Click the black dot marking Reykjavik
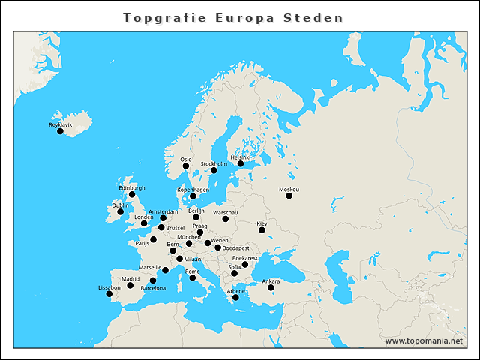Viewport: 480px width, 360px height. pos(60,131)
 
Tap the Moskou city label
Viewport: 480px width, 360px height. pos(288,189)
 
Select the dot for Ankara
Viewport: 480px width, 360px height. pos(271,287)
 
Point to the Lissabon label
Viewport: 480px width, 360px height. pos(109,287)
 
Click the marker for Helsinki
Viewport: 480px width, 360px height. pos(241,163)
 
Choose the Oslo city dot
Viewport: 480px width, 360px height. pos(186,166)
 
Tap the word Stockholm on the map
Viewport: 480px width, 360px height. pos(214,163)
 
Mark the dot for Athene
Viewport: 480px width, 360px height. pos(236,297)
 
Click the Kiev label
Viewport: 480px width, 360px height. pos(262,223)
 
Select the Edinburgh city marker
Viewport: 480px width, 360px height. pos(132,194)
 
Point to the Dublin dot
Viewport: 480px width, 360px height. pos(120,211)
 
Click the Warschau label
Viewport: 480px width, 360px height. pos(225,212)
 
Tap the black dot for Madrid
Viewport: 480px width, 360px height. pos(130,285)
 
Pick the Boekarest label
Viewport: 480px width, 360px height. pos(244,257)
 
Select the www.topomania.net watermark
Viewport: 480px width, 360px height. pos(424,340)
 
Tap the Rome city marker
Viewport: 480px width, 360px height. pos(193,277)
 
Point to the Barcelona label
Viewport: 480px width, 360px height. pos(153,288)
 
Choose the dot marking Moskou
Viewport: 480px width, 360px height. pos(289,196)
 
